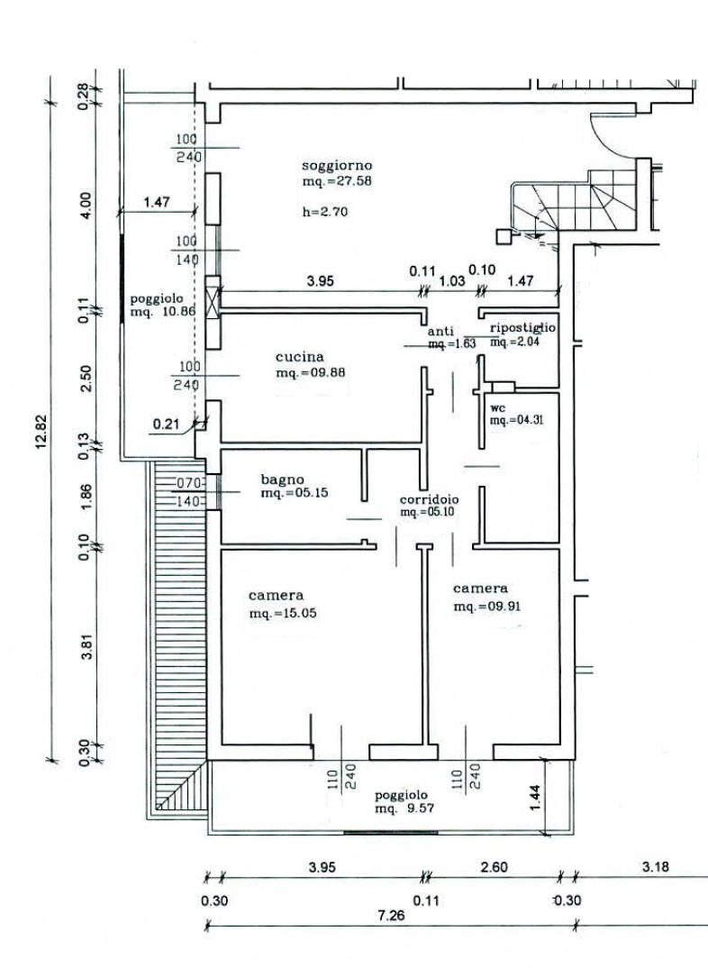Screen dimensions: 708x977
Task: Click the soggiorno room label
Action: point(337,166)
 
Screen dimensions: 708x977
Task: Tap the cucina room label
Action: point(300,357)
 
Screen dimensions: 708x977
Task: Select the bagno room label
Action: point(282,479)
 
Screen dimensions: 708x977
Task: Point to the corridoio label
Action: point(429,499)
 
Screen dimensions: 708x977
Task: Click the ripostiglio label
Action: point(523,328)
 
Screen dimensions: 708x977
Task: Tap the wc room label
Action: point(497,409)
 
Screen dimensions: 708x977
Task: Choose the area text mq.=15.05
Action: point(283,614)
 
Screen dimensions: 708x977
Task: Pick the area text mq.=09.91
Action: point(487,607)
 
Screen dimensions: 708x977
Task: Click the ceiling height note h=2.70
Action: point(325,212)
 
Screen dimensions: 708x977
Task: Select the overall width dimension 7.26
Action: point(390,916)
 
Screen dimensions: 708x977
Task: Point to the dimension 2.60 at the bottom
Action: point(494,867)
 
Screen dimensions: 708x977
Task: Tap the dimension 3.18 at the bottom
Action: point(655,867)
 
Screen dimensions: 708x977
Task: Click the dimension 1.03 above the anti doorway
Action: point(452,281)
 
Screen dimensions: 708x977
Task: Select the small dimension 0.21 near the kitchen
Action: point(166,425)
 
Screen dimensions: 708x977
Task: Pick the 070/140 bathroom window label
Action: point(188,491)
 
